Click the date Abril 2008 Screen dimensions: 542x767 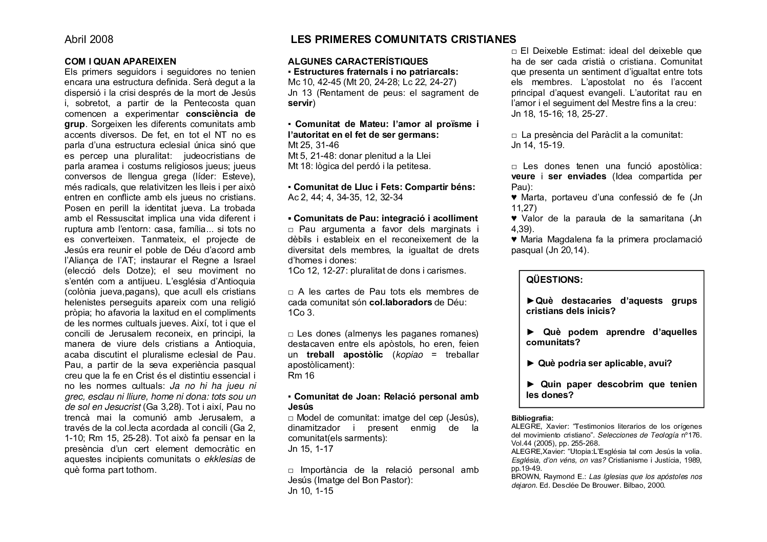click(89, 39)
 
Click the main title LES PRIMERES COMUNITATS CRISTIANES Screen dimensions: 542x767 click(403, 39)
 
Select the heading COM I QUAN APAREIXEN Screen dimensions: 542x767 click(120, 61)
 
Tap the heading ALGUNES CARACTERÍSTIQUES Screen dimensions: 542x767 click(358, 61)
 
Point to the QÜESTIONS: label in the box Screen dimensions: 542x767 click(554, 280)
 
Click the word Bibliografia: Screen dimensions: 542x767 click(532, 418)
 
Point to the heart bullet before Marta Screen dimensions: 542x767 click(514, 198)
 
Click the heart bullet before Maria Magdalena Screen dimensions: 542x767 click(514, 240)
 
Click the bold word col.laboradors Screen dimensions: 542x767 click(401, 302)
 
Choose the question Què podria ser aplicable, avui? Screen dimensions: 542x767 click(599, 363)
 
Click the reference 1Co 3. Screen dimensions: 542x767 click(301, 312)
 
